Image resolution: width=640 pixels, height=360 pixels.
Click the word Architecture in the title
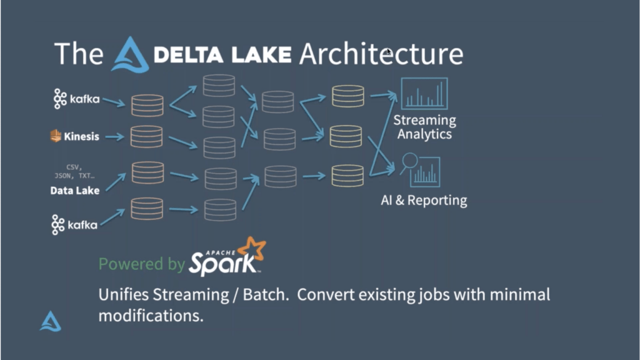click(x=381, y=54)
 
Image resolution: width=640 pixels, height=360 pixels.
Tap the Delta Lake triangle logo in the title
click(x=130, y=55)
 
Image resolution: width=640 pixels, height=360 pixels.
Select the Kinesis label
click(x=81, y=136)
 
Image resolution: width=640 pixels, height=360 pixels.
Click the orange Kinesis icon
click(x=56, y=136)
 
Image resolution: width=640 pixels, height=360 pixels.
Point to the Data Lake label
click(x=75, y=191)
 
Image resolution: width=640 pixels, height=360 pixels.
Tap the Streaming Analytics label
click(x=424, y=127)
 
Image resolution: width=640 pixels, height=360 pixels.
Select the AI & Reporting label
click(x=424, y=201)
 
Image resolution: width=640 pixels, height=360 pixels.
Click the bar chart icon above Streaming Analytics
click(x=424, y=94)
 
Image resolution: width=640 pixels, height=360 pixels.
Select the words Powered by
click(x=142, y=264)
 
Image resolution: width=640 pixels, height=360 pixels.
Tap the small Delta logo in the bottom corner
click(x=51, y=321)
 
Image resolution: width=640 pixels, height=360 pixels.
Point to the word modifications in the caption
click(x=151, y=316)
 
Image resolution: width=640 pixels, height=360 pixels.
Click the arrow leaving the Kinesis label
click(x=114, y=136)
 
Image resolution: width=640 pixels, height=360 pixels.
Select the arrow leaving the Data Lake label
click(x=115, y=182)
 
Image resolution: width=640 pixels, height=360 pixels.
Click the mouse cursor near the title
click(x=389, y=52)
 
